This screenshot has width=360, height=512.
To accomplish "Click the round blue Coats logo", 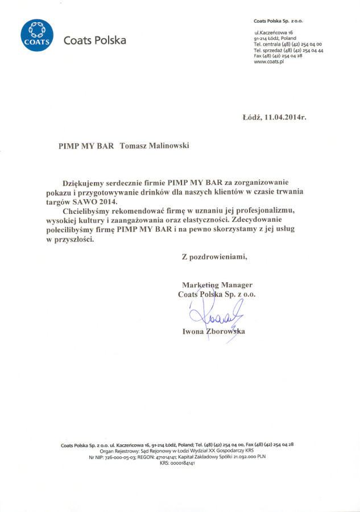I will click(x=37, y=35).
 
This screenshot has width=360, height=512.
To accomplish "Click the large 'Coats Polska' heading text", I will click(x=95, y=40).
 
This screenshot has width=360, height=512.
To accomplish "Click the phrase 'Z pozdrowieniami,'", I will click(x=214, y=257).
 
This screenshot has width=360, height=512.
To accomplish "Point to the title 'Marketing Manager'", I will click(x=217, y=284).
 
